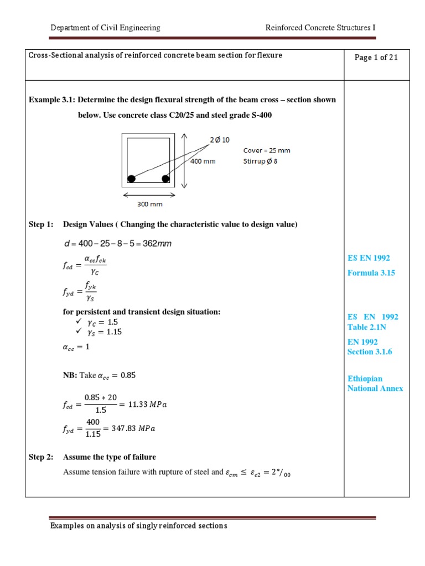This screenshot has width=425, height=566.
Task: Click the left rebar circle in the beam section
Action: point(132,178)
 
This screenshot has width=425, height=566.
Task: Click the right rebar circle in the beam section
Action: point(165,178)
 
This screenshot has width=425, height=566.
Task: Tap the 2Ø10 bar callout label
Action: point(220,140)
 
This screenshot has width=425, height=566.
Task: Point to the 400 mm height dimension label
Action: point(203,161)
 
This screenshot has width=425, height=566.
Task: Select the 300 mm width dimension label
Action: point(149,204)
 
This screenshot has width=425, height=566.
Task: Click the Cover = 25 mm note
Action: point(267,150)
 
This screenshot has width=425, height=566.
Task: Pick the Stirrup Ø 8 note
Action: point(263,161)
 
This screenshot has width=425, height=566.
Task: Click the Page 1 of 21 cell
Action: point(376,58)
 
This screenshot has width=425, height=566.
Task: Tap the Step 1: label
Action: point(41,224)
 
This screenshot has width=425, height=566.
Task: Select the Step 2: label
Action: point(41,457)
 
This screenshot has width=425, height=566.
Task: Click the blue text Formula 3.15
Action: point(371,272)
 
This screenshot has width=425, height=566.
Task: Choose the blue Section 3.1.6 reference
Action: point(370,352)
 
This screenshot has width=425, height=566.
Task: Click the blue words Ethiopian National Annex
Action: point(375,384)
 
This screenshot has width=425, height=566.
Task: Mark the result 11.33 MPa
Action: point(147,404)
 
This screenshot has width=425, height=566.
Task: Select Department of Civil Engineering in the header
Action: point(105,28)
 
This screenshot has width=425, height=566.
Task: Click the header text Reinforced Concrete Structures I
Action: point(320,28)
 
